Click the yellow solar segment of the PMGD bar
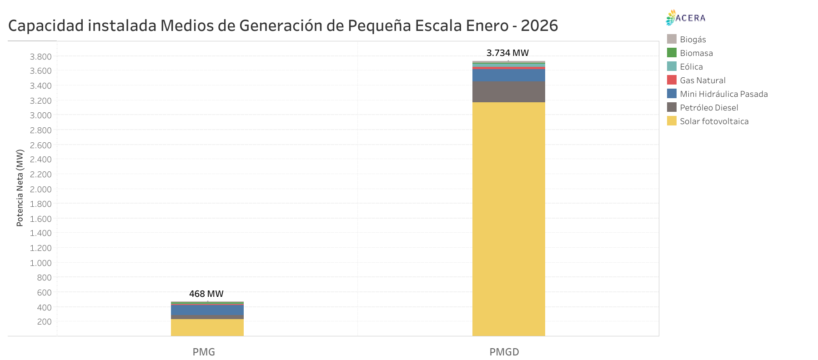pos(508,218)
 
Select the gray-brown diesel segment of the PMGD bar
pos(508,92)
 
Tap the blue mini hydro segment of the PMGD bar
pos(508,75)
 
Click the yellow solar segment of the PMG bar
pos(207,327)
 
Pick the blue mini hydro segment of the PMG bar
pos(207,310)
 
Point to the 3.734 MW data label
pos(507,53)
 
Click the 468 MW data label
pos(206,294)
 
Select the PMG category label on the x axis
pos(204,352)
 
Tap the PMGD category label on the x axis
pos(504,352)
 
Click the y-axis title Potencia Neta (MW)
pos(20,188)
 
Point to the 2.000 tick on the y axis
pos(41,189)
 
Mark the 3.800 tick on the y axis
pos(41,56)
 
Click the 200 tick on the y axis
pos(45,321)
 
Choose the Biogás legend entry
pos(693,40)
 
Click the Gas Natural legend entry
pos(702,80)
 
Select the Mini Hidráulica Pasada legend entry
pos(723,94)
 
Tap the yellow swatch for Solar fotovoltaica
pos(672,121)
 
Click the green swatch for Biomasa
pos(672,53)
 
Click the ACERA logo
pos(686,18)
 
